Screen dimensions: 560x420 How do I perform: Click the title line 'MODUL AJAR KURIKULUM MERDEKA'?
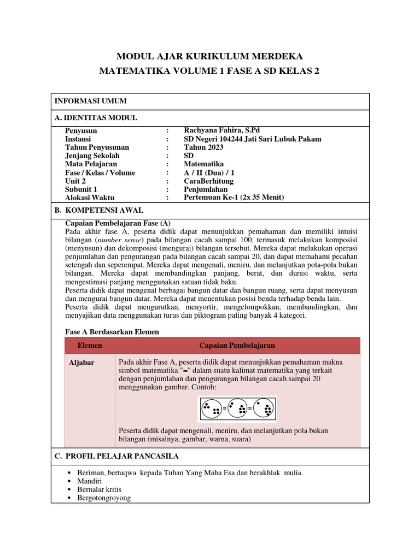click(x=209, y=56)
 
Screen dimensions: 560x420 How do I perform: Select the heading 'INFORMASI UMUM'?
click(x=90, y=101)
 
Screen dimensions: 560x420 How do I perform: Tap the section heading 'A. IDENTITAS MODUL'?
click(x=96, y=118)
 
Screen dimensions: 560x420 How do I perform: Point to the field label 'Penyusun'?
click(x=81, y=131)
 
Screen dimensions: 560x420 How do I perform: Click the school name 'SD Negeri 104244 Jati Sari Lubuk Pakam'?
click(x=253, y=139)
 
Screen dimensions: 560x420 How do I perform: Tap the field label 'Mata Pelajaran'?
click(x=91, y=164)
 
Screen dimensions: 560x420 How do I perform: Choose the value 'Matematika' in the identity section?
click(x=203, y=164)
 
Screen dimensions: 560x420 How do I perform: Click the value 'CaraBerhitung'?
click(x=208, y=181)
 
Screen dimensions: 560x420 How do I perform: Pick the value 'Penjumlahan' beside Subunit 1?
click(x=206, y=189)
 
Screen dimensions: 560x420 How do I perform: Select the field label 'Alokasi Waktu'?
click(x=90, y=198)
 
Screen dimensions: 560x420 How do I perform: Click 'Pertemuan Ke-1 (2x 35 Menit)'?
click(x=234, y=197)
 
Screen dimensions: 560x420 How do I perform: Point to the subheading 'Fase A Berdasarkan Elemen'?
click(x=112, y=331)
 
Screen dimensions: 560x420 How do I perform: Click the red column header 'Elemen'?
click(x=90, y=346)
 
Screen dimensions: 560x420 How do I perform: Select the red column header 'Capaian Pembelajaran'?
click(x=237, y=346)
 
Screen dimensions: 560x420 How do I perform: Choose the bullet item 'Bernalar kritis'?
click(x=100, y=489)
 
